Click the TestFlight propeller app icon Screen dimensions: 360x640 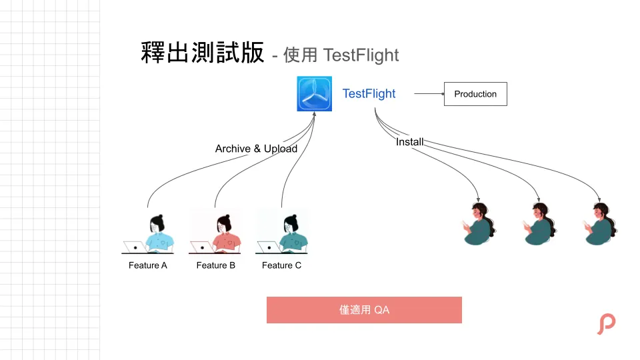click(314, 93)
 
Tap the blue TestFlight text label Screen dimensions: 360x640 click(369, 94)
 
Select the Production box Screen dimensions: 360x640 click(475, 94)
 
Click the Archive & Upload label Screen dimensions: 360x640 click(256, 149)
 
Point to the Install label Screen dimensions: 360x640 click(409, 142)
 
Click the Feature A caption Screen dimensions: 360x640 click(148, 265)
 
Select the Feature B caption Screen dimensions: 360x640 click(215, 265)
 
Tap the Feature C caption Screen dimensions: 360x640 click(281, 265)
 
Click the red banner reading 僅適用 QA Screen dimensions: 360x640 click(364, 310)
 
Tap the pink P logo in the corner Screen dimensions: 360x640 click(606, 323)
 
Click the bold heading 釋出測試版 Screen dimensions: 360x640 click(203, 53)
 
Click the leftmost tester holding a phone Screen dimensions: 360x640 click(480, 224)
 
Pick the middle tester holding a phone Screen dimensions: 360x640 click(539, 224)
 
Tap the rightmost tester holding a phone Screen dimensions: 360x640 click(599, 224)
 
